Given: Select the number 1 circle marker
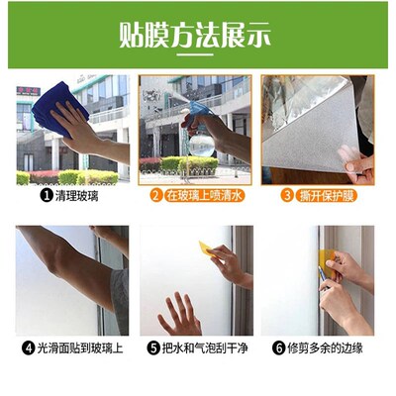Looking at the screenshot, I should pyautogui.click(x=46, y=196).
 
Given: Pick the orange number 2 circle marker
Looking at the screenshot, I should pyautogui.click(x=155, y=196).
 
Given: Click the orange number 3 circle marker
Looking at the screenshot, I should pyautogui.click(x=287, y=196).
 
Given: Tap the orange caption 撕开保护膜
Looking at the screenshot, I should pyautogui.click(x=325, y=196).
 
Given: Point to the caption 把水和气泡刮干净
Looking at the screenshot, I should pyautogui.click(x=205, y=348).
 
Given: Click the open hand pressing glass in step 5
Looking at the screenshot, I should pyautogui.click(x=179, y=315).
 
